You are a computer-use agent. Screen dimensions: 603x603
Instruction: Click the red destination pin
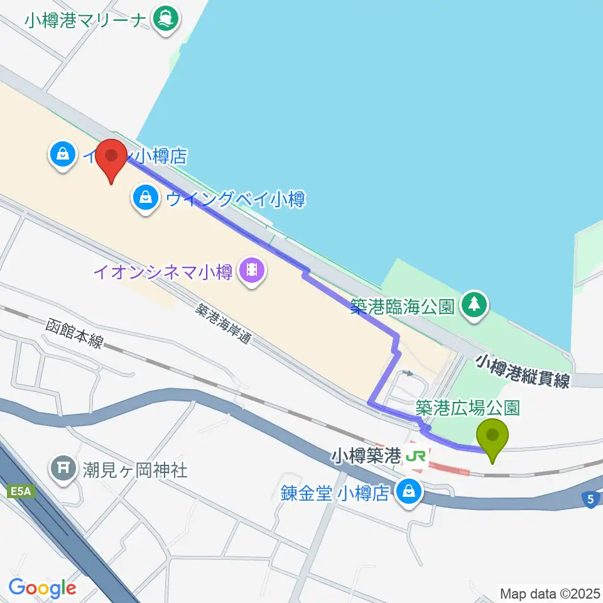point(112,160)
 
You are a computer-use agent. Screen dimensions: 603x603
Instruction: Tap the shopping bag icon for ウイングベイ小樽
point(146,199)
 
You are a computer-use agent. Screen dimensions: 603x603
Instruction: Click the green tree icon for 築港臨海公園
point(475,306)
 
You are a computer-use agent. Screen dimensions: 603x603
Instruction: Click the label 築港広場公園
point(467,407)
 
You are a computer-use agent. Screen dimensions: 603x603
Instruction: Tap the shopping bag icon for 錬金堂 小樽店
point(410,492)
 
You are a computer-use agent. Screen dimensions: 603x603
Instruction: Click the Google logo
point(42,588)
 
